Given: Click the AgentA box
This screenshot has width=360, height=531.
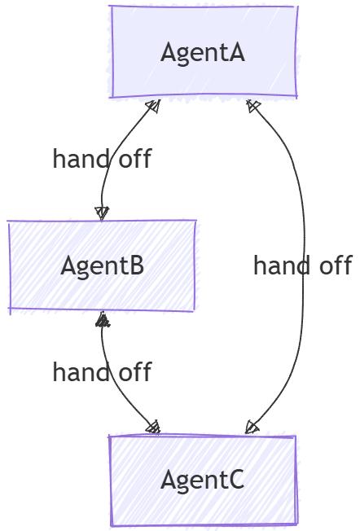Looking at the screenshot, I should click(x=204, y=52).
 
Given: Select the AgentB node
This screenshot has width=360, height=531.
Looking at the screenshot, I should click(x=102, y=265).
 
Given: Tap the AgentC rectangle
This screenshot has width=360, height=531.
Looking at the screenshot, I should click(x=204, y=481).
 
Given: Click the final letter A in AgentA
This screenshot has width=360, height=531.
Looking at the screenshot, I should click(x=236, y=53).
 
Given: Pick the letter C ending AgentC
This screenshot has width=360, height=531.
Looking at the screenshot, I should click(x=235, y=481).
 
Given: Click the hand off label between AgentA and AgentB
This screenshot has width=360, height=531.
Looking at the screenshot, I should click(x=102, y=158).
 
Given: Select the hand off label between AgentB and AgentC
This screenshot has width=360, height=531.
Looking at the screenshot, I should click(x=102, y=372).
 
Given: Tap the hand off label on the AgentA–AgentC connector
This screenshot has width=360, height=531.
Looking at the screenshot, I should click(x=302, y=265).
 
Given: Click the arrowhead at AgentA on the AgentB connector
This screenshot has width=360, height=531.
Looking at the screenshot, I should click(x=151, y=106).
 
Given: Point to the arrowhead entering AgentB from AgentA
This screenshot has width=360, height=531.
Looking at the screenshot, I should click(x=101, y=213).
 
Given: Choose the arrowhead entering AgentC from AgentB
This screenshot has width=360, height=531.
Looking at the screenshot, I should click(x=152, y=427).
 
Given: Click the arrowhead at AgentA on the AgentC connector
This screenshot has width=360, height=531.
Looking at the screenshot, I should click(x=253, y=106).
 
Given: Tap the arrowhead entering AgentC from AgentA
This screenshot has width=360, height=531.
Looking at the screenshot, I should click(x=252, y=427).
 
